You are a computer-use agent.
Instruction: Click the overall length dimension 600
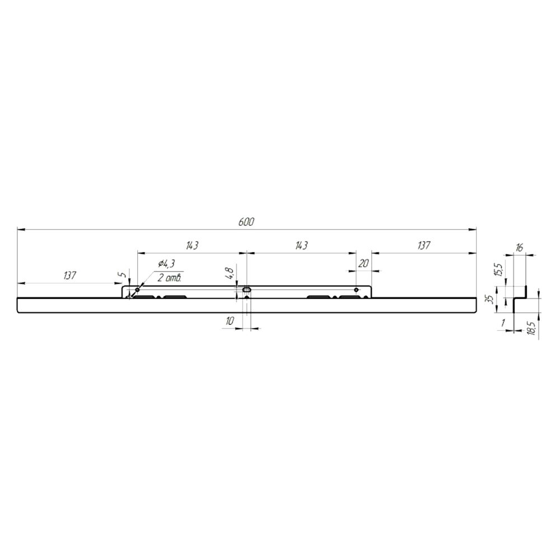pyautogui.click(x=246, y=222)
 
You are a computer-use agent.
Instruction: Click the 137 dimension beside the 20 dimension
pyautogui.click(x=423, y=246)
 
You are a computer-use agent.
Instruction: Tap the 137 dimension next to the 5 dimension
pyautogui.click(x=70, y=276)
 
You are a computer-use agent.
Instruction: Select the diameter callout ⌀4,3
pyautogui.click(x=166, y=264)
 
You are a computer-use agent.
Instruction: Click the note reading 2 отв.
pyautogui.click(x=170, y=278)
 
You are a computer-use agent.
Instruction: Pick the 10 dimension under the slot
pyautogui.click(x=229, y=321)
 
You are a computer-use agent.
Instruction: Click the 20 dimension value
pyautogui.click(x=363, y=264)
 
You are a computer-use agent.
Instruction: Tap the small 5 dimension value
pyautogui.click(x=123, y=274)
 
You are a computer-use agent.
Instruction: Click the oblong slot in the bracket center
pyautogui.click(x=247, y=290)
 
